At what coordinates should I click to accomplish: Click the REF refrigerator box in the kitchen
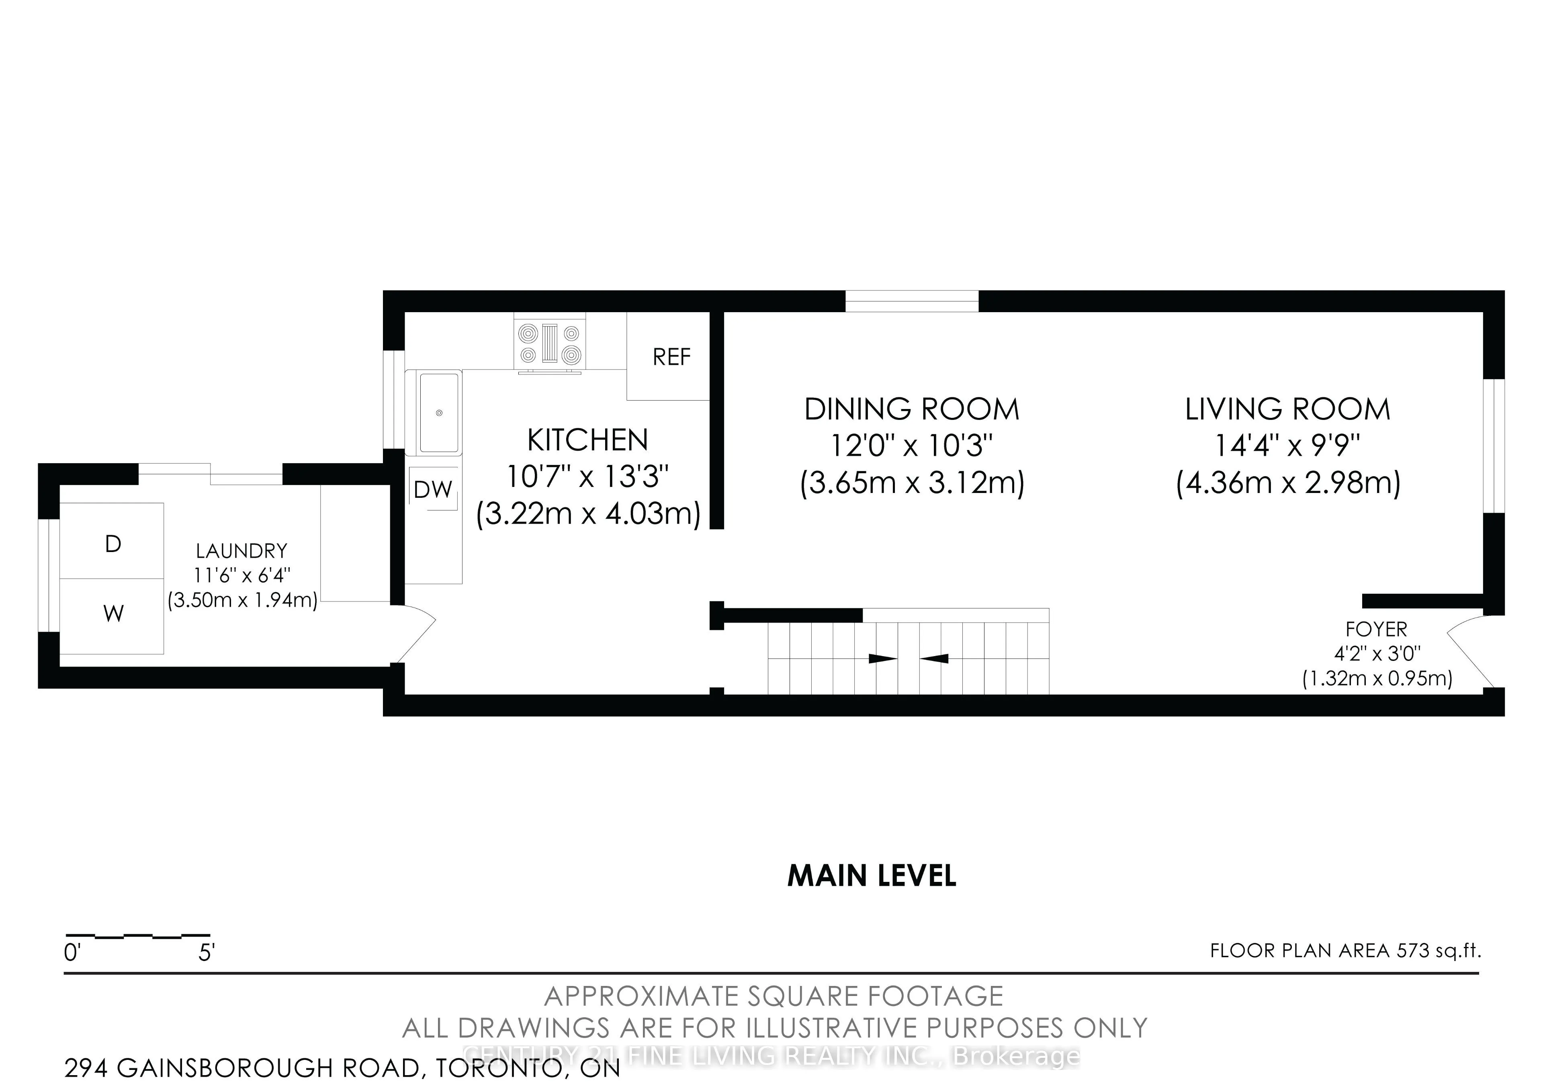click(669, 356)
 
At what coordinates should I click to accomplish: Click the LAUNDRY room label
click(241, 551)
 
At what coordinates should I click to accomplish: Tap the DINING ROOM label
click(912, 409)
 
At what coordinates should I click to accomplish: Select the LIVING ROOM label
click(1287, 409)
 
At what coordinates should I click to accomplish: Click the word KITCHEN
click(587, 440)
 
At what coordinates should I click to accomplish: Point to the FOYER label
click(1376, 629)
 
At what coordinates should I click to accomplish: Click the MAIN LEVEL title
click(872, 875)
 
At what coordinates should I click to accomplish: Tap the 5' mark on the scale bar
click(206, 953)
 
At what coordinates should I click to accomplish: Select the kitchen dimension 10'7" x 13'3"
click(587, 477)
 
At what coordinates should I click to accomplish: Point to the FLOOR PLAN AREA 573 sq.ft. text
click(1345, 950)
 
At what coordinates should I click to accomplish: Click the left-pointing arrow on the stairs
click(934, 658)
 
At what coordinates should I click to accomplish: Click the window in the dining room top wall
click(912, 301)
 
